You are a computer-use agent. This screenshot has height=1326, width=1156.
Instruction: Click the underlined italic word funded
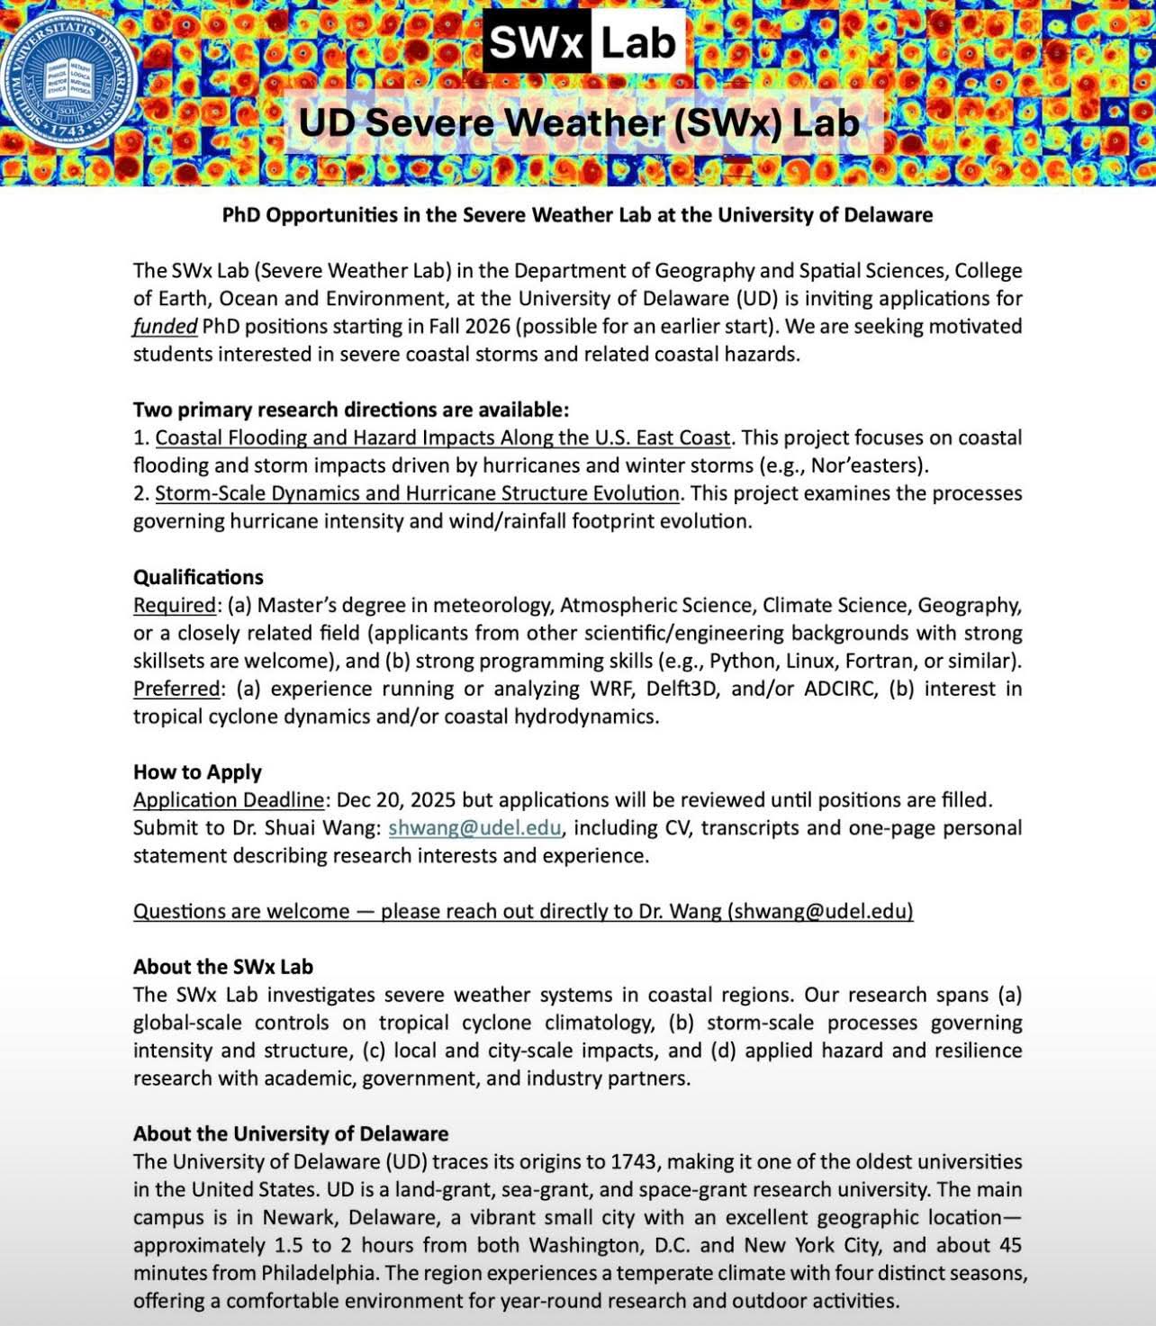165,326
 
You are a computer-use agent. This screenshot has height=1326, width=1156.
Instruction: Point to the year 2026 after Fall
488,326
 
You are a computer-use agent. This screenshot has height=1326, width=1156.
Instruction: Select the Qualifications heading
198,577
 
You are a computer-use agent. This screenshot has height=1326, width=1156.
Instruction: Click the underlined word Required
175,605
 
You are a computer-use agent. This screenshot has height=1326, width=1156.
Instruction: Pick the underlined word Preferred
176,689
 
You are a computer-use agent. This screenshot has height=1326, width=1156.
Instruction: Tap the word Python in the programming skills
743,661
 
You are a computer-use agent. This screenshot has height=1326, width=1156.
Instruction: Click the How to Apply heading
197,772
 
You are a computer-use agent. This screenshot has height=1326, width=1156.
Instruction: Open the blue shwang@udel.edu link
474,828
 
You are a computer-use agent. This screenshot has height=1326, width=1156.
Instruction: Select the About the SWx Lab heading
223,967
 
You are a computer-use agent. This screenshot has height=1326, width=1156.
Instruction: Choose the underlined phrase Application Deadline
229,800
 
